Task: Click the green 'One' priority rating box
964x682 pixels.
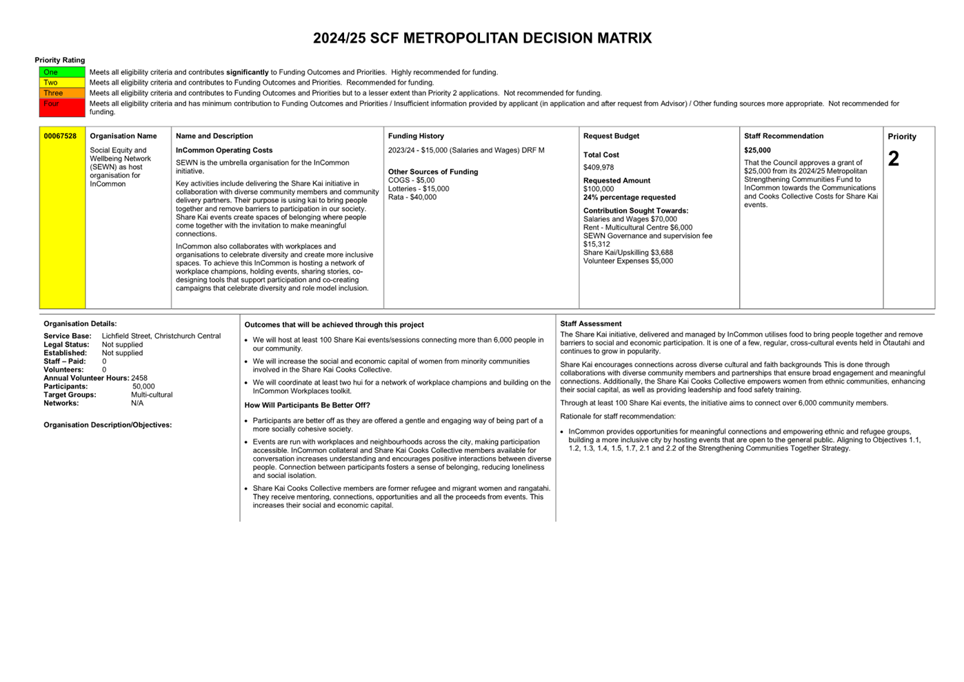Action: pyautogui.click(x=62, y=72)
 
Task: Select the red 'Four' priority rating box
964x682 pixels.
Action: pyautogui.click(x=62, y=108)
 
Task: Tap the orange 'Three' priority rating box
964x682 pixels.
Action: pyautogui.click(x=62, y=93)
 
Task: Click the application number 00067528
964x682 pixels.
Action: pyautogui.click(x=60, y=136)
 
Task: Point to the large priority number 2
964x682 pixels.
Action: pyautogui.click(x=894, y=159)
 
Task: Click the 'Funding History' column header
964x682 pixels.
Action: pyautogui.click(x=416, y=136)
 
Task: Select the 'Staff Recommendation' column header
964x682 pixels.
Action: pyautogui.click(x=783, y=136)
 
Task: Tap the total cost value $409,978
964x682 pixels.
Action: pyautogui.click(x=599, y=168)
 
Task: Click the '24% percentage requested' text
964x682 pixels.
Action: pyautogui.click(x=629, y=197)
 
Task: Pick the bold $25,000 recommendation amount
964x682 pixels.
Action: pyautogui.click(x=757, y=150)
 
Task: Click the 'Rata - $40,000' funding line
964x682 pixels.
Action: pyautogui.click(x=412, y=197)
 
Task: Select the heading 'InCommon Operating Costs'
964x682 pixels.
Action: pyautogui.click(x=224, y=150)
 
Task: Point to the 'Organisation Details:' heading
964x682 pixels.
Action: pyautogui.click(x=80, y=323)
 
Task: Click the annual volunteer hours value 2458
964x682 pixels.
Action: pyautogui.click(x=139, y=378)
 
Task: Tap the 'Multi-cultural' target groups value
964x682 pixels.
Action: pyautogui.click(x=152, y=395)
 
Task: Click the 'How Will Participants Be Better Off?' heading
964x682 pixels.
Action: pyautogui.click(x=307, y=405)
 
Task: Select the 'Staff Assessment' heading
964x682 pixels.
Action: pyautogui.click(x=590, y=323)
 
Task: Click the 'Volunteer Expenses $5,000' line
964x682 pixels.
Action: pyautogui.click(x=628, y=261)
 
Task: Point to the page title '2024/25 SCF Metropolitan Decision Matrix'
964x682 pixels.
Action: pyautogui.click(x=482, y=39)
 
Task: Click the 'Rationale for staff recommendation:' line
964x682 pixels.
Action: pyautogui.click(x=618, y=417)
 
